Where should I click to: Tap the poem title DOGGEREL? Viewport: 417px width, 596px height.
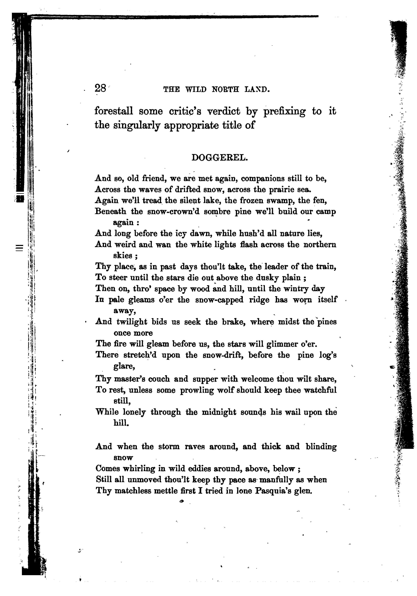click(220, 158)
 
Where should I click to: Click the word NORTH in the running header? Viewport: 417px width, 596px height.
click(225, 90)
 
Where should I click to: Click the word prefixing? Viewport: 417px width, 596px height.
click(284, 112)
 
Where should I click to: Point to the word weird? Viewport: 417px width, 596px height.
click(125, 244)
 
